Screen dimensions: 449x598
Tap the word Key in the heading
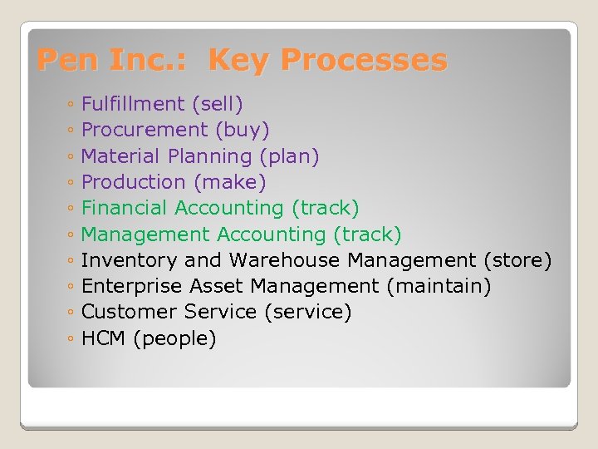(242, 61)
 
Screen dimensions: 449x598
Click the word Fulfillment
(133, 104)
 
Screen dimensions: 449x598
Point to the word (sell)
(217, 104)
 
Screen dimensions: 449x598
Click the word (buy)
(243, 130)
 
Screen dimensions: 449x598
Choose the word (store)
(517, 260)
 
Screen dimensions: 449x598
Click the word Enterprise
(132, 287)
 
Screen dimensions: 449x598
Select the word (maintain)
(439, 287)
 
